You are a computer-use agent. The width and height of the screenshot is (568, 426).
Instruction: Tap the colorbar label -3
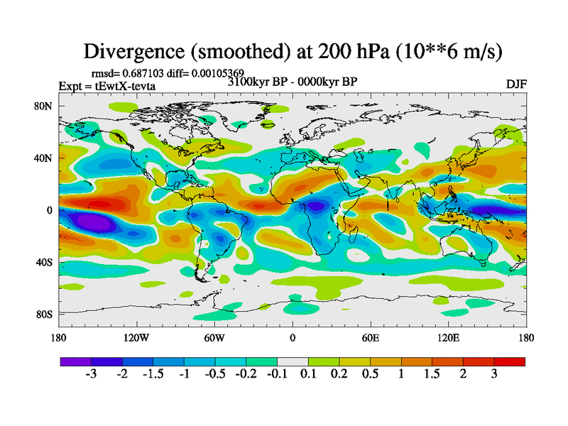pos(91,374)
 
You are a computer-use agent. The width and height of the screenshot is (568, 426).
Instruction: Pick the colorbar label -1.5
pos(153,374)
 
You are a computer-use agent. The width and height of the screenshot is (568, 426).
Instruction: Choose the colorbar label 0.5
pos(371,374)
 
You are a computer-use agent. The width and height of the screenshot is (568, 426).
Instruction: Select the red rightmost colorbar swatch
pos(509,361)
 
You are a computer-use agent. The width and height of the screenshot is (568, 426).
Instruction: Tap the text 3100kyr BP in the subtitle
pos(256,81)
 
